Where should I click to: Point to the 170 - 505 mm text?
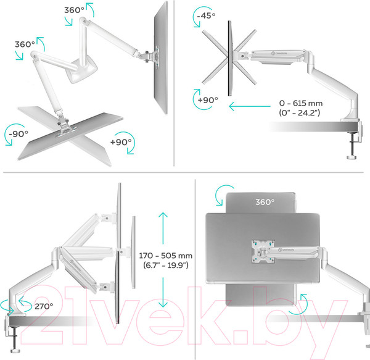coord(165,254)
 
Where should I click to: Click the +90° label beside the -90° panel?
coord(121,141)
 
